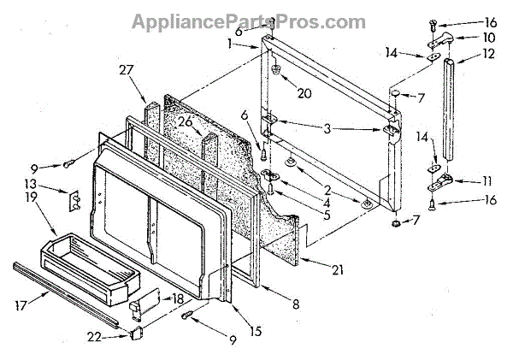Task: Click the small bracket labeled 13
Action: [74, 198]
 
